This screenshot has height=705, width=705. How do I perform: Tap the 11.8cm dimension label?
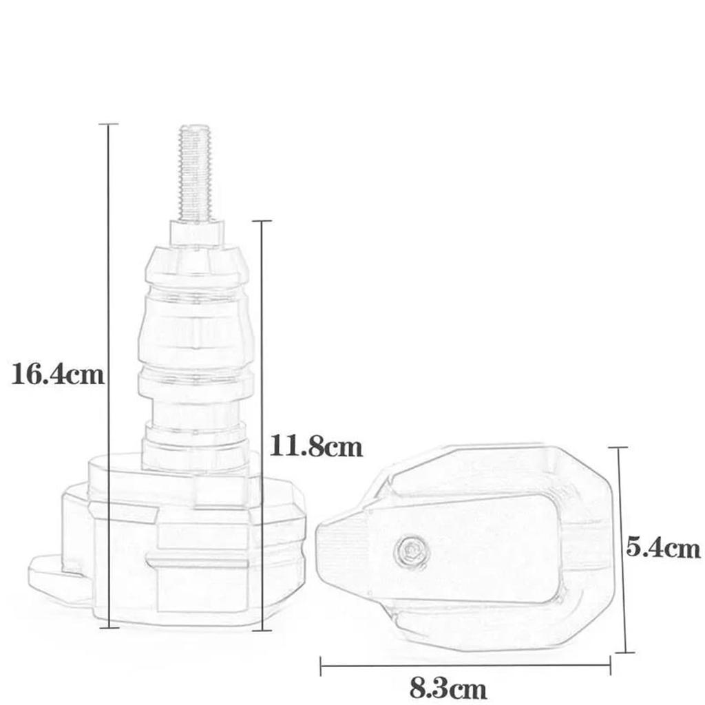[x=315, y=447]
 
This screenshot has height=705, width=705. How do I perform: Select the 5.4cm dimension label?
[x=662, y=548]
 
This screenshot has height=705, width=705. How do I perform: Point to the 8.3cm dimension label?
[x=448, y=687]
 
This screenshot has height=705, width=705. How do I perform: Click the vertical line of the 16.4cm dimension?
[x=109, y=275]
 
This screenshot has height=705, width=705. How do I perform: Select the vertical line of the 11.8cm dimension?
[x=261, y=344]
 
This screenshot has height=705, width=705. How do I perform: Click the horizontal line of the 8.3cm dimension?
[x=386, y=666]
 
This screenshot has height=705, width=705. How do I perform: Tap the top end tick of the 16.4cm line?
[x=109, y=125]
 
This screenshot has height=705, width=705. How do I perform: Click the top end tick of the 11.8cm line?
[x=261, y=221]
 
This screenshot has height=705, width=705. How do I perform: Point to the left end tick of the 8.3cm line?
[x=322, y=666]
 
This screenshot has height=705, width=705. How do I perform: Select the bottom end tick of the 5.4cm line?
[x=623, y=652]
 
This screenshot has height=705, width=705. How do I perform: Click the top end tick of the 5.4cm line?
[x=619, y=448]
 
